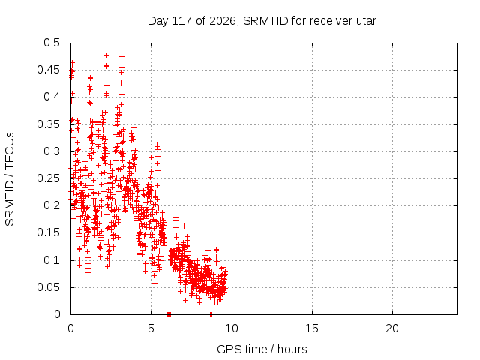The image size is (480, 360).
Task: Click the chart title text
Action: (262, 21)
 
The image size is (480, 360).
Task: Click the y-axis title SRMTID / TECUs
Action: (10, 179)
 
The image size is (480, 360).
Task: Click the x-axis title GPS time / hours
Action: (262, 349)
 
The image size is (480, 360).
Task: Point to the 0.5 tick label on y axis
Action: (52, 43)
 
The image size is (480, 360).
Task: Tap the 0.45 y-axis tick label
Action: (48, 70)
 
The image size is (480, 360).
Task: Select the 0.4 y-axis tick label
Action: (52, 97)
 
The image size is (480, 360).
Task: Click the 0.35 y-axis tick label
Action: (48, 124)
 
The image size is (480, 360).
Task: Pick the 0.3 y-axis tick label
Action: (52, 151)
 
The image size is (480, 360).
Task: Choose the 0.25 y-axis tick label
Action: (48, 178)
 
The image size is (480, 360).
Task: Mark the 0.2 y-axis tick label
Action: (52, 205)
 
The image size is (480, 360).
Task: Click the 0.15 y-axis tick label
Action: (48, 232)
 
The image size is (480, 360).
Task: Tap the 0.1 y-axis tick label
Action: (52, 260)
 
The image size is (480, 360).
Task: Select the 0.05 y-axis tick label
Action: (48, 287)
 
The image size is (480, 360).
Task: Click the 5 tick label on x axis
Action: (151, 328)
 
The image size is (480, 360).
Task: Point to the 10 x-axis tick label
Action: (232, 328)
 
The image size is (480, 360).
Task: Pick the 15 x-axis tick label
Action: (312, 328)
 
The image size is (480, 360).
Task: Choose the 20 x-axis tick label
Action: (392, 328)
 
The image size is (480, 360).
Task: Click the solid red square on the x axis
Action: (169, 314)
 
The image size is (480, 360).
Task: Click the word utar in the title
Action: (366, 21)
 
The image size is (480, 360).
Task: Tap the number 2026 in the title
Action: (223, 21)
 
